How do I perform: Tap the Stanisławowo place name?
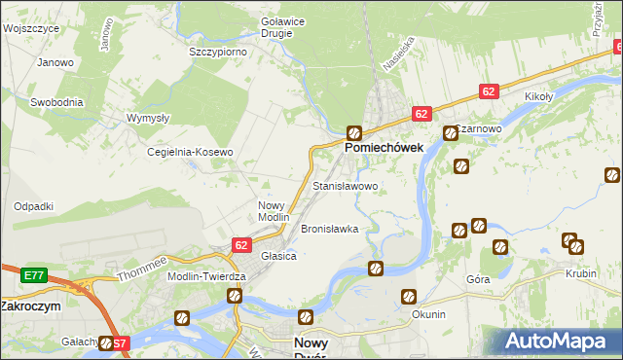point(345,185)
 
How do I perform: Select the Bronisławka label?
point(330,230)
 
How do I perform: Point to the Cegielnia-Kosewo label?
point(190,153)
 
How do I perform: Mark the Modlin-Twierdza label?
point(207,276)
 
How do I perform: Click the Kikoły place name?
point(538,97)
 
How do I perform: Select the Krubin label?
point(580,274)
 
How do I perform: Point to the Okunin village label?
point(428,314)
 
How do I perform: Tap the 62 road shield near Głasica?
point(241,246)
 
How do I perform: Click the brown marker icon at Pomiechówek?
point(355,131)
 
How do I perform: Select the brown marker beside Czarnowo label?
point(450,133)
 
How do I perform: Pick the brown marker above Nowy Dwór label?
point(306,316)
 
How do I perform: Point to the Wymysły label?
point(148,118)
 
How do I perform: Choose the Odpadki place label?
point(33,206)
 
